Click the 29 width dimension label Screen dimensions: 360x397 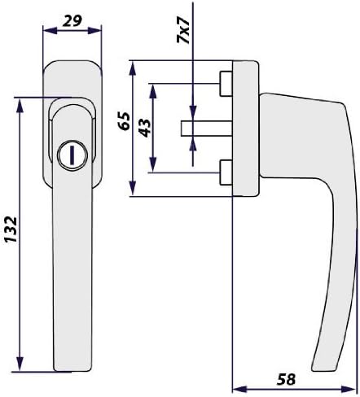point(72,21)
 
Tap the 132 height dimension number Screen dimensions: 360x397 point(11,229)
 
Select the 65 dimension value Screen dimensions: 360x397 point(125,121)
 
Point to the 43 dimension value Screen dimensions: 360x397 point(145,128)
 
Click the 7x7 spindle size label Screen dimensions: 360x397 point(183,30)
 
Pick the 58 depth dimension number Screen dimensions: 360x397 point(286,379)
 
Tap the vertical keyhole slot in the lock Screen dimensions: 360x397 point(72,155)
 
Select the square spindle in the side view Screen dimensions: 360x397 point(206,129)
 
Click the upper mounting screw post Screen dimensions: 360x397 point(226,84)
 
